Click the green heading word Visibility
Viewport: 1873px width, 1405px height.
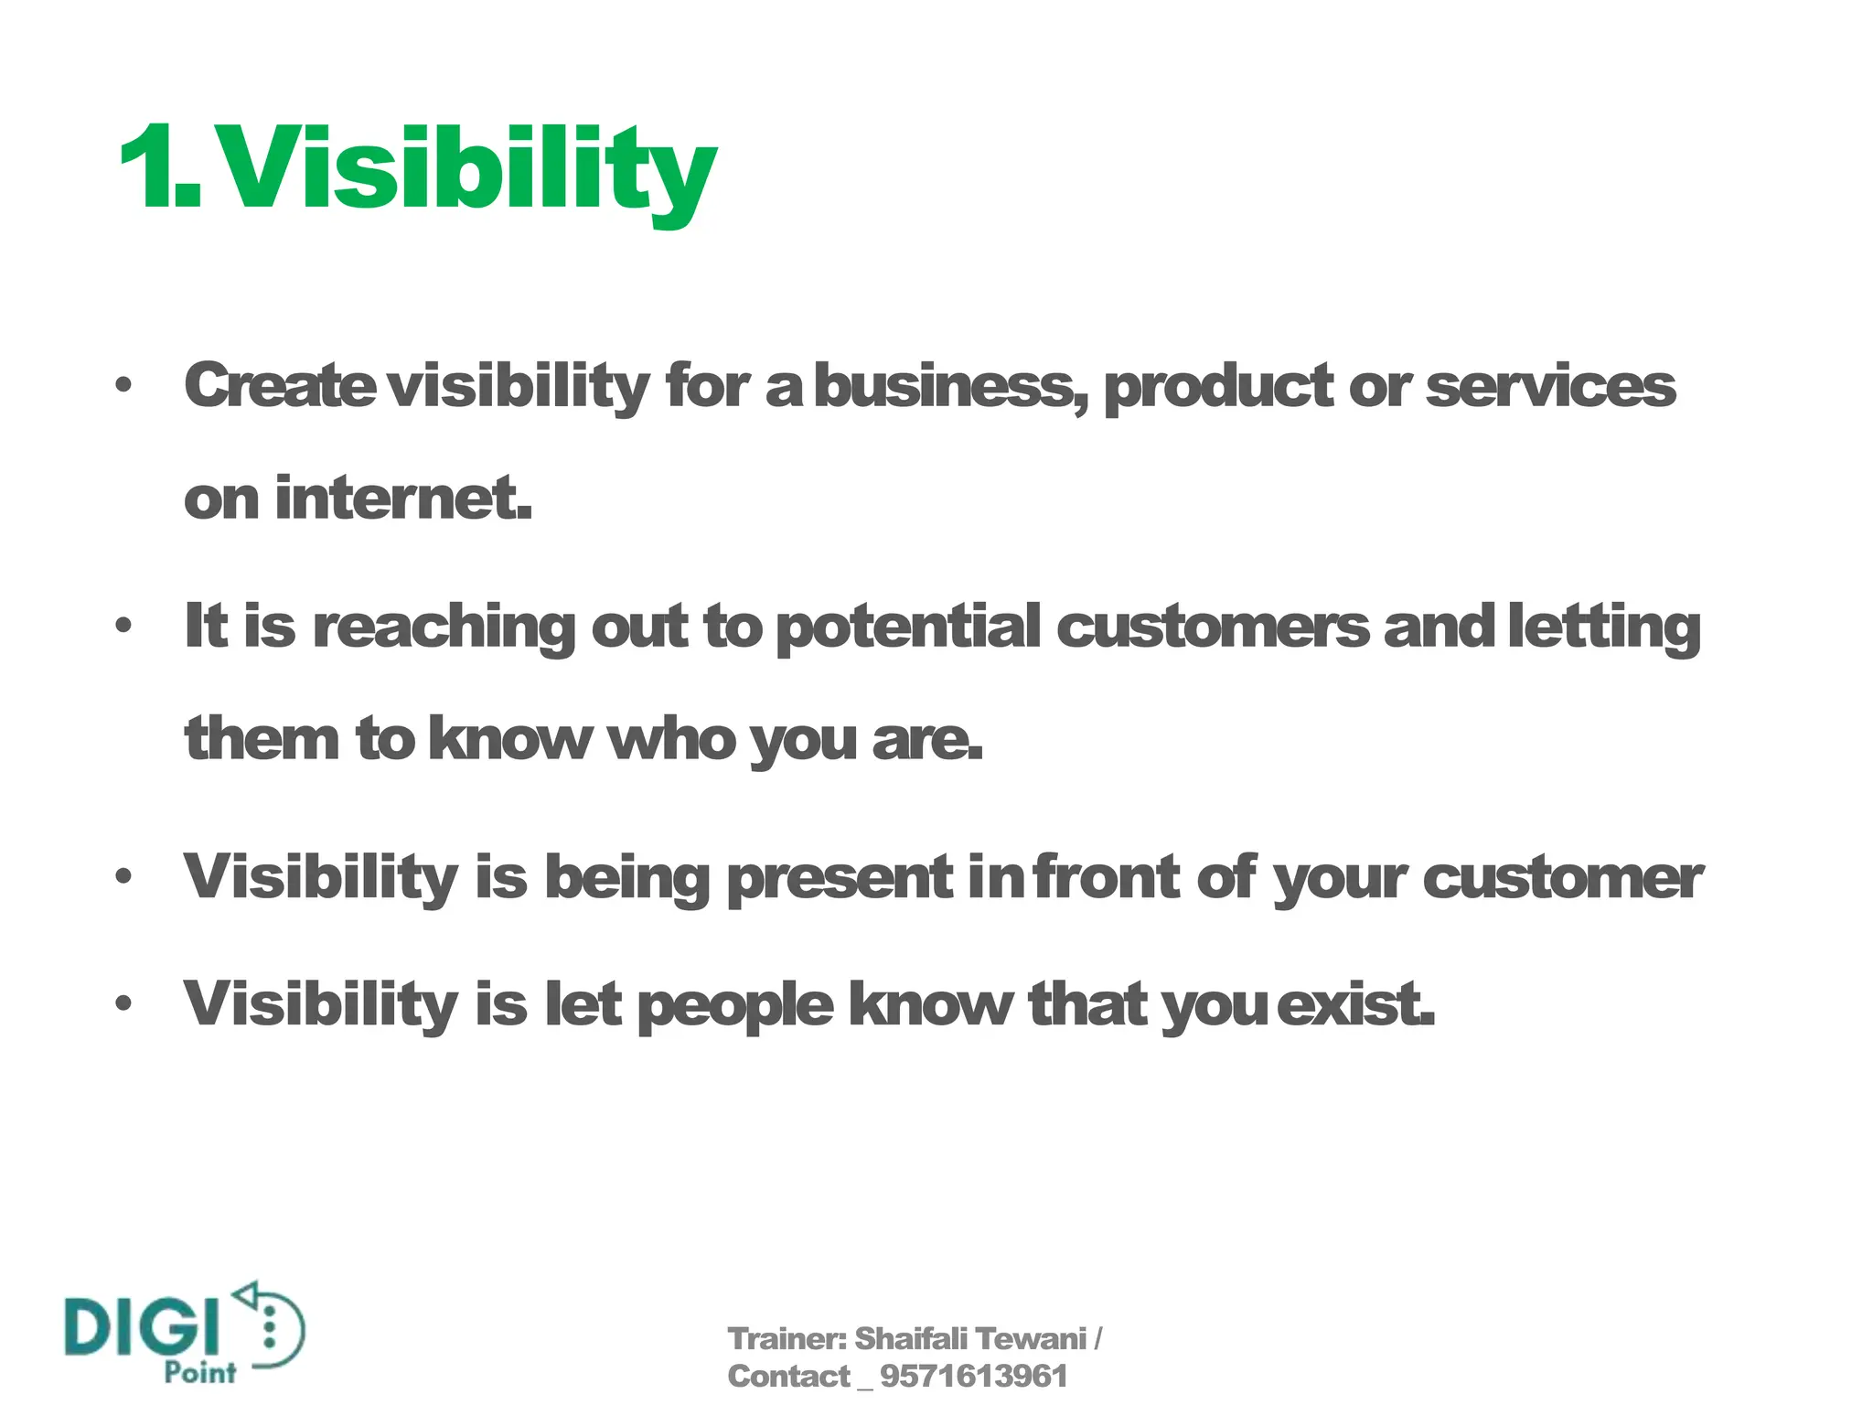point(468,169)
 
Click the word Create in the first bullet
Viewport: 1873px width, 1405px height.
point(279,385)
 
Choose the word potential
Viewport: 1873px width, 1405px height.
point(908,627)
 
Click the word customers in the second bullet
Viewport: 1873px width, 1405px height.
point(1214,627)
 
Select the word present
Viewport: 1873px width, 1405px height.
point(840,879)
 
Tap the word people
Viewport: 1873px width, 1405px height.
point(735,1006)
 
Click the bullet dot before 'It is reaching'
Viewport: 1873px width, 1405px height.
point(124,627)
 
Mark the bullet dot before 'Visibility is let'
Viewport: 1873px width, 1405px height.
point(124,1003)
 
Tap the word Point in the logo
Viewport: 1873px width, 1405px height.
point(199,1372)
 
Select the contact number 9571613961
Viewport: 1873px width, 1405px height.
point(973,1376)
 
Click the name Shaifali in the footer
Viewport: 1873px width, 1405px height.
point(910,1338)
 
